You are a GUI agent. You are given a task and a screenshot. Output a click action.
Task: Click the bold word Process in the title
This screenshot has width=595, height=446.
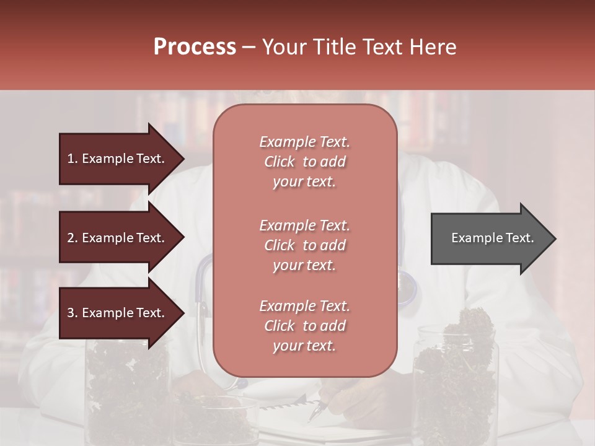pyautogui.click(x=195, y=47)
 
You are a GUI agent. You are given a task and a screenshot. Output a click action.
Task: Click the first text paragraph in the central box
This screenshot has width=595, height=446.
pyautogui.click(x=304, y=162)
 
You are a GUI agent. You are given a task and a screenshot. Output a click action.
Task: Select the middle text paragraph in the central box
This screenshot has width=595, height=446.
pyautogui.click(x=304, y=245)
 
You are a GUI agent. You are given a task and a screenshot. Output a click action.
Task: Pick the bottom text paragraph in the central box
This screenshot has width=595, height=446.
pyautogui.click(x=304, y=326)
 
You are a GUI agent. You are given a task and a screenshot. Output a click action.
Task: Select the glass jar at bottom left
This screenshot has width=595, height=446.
pyautogui.click(x=127, y=396)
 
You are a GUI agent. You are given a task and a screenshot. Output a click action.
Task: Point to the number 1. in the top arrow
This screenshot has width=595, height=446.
pyautogui.click(x=73, y=159)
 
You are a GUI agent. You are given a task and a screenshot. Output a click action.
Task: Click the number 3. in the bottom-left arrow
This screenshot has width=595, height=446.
pyautogui.click(x=73, y=313)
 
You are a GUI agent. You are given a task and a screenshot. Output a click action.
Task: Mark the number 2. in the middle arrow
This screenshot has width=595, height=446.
pyautogui.click(x=73, y=238)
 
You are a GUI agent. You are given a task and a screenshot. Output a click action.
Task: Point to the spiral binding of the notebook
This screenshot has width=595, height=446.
pyautogui.click(x=279, y=406)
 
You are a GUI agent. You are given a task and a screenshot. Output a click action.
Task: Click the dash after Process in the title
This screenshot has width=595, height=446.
pyautogui.click(x=249, y=47)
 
